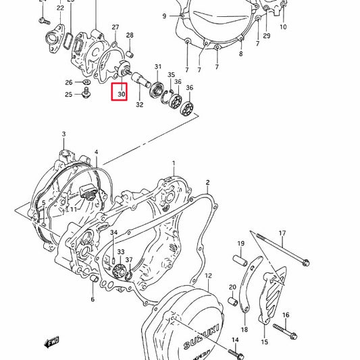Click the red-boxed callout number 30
pyautogui.click(x=121, y=94)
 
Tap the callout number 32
pyautogui.click(x=139, y=105)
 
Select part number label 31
pyautogui.click(x=158, y=67)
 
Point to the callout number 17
pyautogui.click(x=282, y=234)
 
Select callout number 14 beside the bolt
pyautogui.click(x=235, y=340)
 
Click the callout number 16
pyautogui.click(x=286, y=315)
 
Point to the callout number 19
pyautogui.click(x=240, y=243)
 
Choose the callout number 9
pyautogui.click(x=163, y=16)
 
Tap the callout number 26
pyautogui.click(x=68, y=82)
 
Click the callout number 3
pyautogui.click(x=64, y=135)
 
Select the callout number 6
pyautogui.click(x=92, y=299)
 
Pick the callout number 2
pyautogui.click(x=207, y=182)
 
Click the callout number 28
pyautogui.click(x=130, y=35)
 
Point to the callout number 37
pyautogui.click(x=129, y=259)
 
